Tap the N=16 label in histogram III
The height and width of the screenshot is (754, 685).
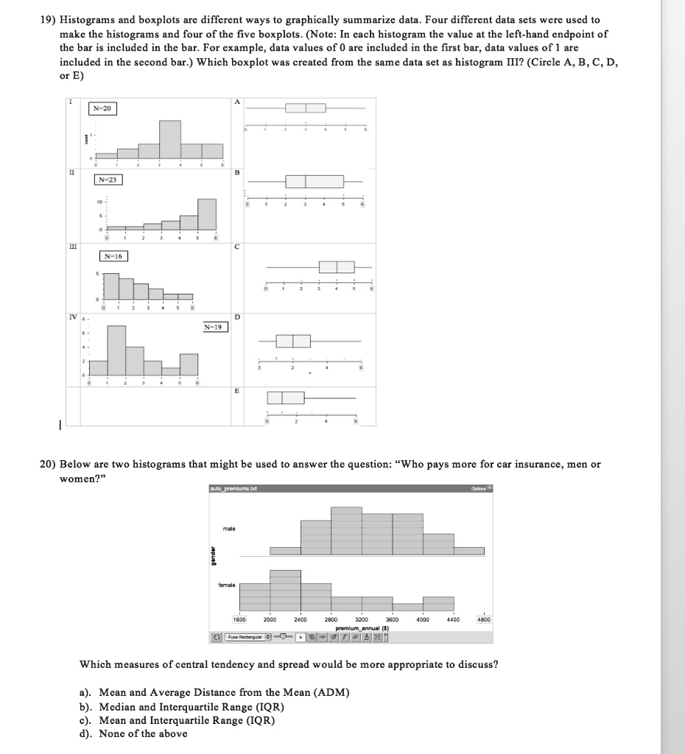113,256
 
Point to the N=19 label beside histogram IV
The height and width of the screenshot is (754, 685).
214,326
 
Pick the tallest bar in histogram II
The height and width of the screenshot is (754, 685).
207,214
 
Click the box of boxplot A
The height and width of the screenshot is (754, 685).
306,108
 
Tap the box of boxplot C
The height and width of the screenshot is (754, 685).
337,267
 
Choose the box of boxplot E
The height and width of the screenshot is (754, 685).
285,398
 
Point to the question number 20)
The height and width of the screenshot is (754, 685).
48,464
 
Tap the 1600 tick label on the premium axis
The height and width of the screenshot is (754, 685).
240,620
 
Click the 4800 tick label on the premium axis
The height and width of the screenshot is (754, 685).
484,620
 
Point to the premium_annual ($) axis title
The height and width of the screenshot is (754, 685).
362,627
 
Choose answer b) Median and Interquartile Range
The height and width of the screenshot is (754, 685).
180,706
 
